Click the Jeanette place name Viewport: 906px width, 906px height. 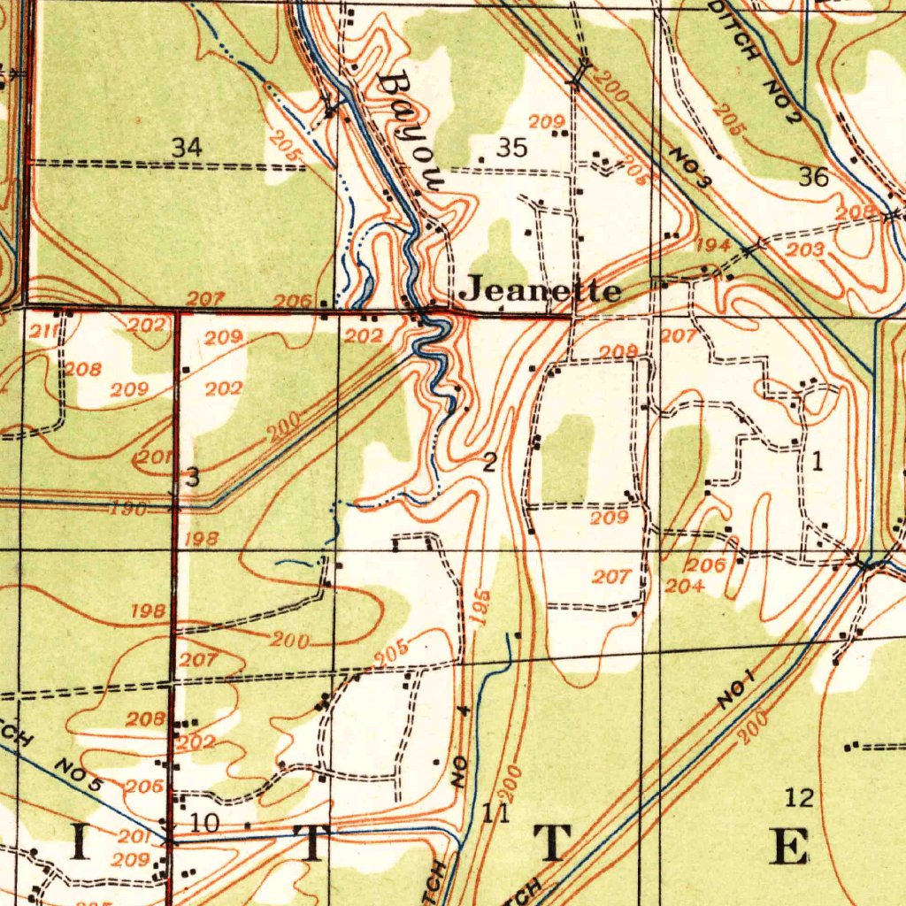542,289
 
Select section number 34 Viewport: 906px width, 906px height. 187,148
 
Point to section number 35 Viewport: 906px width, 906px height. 511,148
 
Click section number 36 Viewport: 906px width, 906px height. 814,177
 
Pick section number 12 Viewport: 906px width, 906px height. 799,798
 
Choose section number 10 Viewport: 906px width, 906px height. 204,823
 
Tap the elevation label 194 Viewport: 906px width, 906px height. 713,245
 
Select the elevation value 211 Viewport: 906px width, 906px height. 44,333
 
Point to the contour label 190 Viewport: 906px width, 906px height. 128,510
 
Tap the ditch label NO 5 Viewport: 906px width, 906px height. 79,773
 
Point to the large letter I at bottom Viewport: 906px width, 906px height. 79,845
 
